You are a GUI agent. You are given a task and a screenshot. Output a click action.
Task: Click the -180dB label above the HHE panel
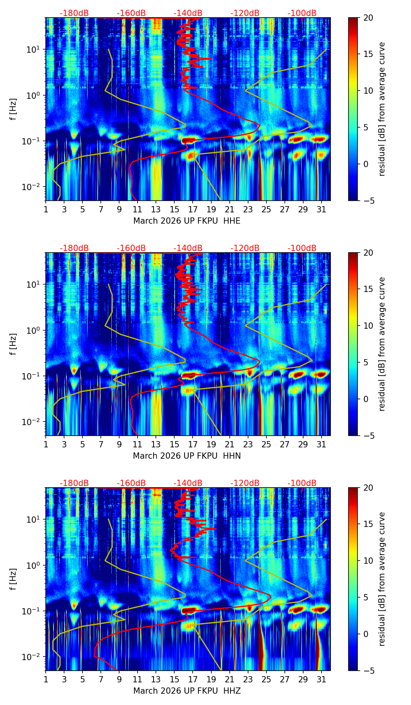coord(74,13)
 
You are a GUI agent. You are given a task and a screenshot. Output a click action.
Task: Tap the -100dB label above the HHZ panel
coord(302,483)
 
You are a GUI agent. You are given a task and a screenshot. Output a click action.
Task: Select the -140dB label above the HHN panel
coord(188,248)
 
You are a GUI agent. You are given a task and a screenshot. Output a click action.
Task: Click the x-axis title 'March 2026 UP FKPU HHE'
coord(187,221)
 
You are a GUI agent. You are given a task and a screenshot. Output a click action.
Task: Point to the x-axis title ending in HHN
coord(187,456)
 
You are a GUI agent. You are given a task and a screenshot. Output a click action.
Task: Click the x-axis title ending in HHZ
coord(187,691)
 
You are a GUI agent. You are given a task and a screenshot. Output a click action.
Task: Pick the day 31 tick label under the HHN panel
coord(321,445)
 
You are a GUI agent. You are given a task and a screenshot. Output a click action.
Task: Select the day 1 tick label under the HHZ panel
coord(46,680)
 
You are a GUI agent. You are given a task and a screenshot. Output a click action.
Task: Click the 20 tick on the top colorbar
coord(368,18)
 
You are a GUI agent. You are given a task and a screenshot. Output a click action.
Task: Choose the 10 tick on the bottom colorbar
coord(368,561)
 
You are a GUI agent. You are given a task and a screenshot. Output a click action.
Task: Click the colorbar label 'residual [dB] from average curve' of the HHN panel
coord(382,344)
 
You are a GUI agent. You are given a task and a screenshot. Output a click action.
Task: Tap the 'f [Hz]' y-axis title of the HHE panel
coord(14,109)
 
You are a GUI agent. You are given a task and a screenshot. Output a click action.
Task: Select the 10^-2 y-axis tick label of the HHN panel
coord(33,422)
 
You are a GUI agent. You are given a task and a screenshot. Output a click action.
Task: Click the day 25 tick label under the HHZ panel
coord(266,680)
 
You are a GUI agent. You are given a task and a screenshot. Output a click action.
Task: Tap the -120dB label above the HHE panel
coord(245,13)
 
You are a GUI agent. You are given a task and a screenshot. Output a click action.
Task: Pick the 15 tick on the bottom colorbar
coord(368,524)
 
